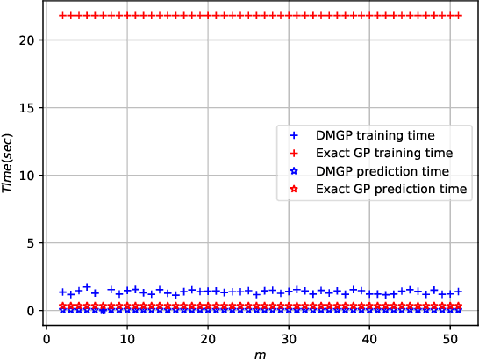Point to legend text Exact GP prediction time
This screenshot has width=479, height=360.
392,189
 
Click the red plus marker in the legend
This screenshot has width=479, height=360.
294,154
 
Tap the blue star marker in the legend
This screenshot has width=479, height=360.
294,171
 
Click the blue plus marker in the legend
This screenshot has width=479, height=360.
294,136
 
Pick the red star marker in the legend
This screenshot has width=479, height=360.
294,189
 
